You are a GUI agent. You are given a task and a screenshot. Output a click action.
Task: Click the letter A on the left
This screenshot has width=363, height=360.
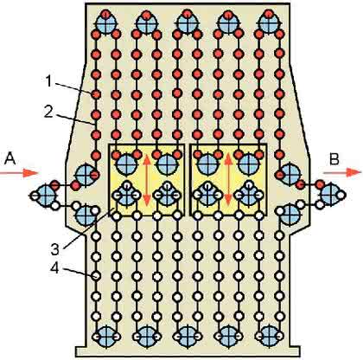point(10,158)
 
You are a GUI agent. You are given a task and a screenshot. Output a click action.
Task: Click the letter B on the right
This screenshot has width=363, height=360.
point(334,159)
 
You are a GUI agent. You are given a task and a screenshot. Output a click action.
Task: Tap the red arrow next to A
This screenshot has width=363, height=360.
point(19,173)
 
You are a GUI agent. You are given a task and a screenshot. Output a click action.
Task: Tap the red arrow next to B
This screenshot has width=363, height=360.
point(342,172)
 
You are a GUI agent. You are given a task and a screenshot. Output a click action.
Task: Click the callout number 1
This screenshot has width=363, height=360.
point(48,81)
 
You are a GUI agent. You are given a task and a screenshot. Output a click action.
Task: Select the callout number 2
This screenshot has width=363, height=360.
point(48,112)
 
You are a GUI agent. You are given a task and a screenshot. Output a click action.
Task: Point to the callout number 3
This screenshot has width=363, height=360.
point(55,249)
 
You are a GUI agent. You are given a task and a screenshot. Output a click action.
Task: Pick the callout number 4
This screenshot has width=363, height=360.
point(54,268)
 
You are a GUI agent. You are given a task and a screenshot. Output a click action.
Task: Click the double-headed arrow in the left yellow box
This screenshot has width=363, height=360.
point(147,179)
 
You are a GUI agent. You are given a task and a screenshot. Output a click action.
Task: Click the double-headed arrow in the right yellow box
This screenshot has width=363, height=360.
point(229,179)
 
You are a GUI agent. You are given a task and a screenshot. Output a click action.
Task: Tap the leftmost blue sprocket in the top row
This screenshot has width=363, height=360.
point(106,23)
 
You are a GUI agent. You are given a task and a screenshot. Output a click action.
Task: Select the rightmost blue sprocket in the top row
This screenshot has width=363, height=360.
point(269,23)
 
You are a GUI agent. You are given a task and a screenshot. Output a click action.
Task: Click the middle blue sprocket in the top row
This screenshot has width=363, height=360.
point(188,23)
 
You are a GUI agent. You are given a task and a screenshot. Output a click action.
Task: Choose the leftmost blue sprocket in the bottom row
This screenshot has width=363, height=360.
point(106,336)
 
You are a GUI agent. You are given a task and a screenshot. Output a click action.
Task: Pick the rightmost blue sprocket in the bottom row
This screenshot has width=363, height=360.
point(270,336)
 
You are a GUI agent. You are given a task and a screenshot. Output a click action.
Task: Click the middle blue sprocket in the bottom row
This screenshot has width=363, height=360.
point(188,336)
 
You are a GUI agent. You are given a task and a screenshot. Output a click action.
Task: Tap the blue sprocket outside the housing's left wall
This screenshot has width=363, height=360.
point(46,196)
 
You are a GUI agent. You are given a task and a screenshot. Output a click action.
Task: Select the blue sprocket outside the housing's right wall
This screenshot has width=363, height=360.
point(330,196)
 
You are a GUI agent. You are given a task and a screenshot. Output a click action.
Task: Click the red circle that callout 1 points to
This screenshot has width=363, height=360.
point(96,94)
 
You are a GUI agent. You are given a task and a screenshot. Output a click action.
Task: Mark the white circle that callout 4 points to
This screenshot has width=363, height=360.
point(96,276)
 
